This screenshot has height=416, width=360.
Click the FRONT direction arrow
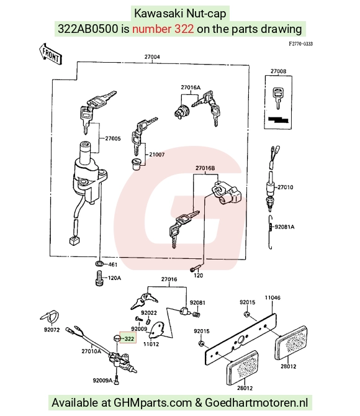(50, 54)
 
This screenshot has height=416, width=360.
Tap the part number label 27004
(152, 57)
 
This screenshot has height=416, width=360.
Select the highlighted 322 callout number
(129, 339)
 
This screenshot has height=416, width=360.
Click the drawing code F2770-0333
(301, 44)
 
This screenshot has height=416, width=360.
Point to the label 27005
(113, 138)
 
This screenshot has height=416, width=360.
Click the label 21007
(157, 155)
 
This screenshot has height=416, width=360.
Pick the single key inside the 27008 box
(277, 97)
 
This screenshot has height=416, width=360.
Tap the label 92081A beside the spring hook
(285, 227)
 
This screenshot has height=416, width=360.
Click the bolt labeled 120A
(99, 278)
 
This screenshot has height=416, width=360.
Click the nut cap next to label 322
(117, 338)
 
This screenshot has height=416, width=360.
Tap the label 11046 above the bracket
(272, 297)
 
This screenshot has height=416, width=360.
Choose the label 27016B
(205, 168)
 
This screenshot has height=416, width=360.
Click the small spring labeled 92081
(196, 314)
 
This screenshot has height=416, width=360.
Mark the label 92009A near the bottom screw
(102, 381)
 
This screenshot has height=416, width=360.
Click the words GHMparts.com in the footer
(153, 403)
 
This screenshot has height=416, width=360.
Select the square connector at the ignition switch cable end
(74, 240)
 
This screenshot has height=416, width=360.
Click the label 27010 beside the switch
(286, 188)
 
